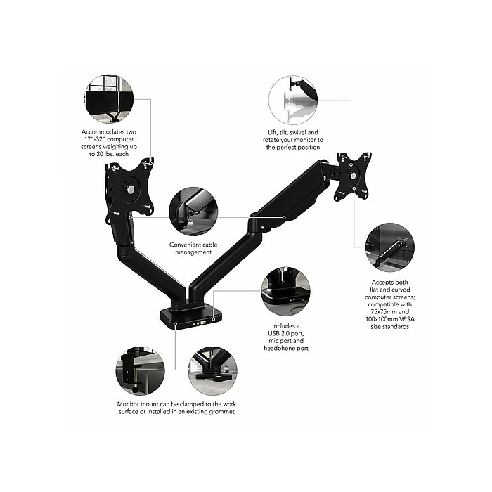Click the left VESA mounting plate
pos(129,188)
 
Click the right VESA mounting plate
pos(353,176)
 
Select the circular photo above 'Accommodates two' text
pos(108,100)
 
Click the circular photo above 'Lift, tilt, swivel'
pos(292,101)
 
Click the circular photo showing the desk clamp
pos(141,371)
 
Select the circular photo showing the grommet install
pos(212,371)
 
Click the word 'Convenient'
pos(180,245)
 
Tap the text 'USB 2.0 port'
pos(286,334)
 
